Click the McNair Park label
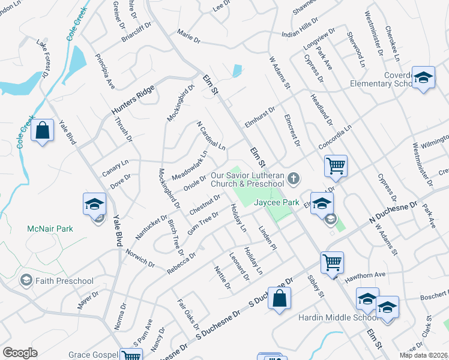pyautogui.click(x=50, y=229)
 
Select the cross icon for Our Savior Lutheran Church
pyautogui.click(x=294, y=178)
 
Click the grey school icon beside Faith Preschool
pyautogui.click(x=26, y=280)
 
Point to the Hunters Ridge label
pyautogui.click(x=133, y=100)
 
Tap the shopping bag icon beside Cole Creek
pyautogui.click(x=43, y=131)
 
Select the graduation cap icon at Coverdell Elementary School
pyautogui.click(x=423, y=77)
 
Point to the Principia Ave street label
pyautogui.click(x=105, y=71)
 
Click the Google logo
pyautogui.click(x=20, y=353)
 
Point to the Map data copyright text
pyautogui.click(x=423, y=355)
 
